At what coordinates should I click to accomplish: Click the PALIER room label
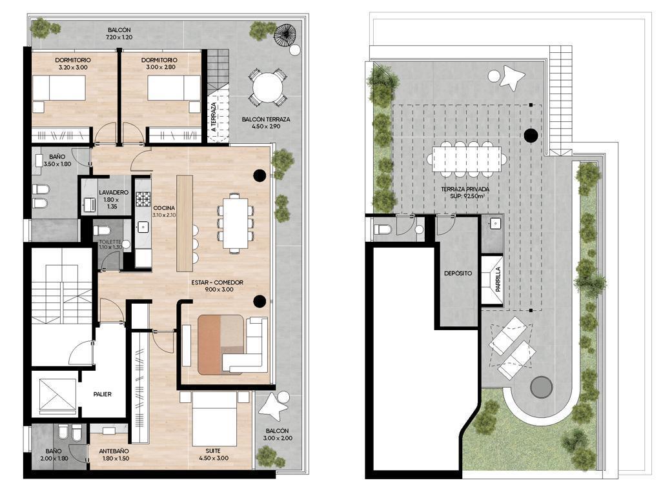(x=103, y=394)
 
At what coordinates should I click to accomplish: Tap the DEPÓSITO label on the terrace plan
(x=458, y=273)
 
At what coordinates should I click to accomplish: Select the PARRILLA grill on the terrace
(x=492, y=279)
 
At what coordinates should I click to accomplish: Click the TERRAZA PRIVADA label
(x=465, y=189)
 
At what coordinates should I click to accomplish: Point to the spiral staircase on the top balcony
(x=284, y=34)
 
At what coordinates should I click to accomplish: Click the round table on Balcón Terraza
(x=267, y=89)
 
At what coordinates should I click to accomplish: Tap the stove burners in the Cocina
(x=143, y=199)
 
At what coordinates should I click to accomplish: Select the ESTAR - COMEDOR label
(x=217, y=282)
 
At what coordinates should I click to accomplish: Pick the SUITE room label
(x=213, y=451)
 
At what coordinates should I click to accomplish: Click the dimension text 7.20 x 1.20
(x=119, y=37)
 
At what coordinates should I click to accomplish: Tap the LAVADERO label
(x=114, y=193)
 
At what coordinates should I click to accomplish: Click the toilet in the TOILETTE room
(x=102, y=231)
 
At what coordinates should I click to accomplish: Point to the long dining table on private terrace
(x=467, y=159)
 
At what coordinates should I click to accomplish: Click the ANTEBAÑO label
(x=114, y=451)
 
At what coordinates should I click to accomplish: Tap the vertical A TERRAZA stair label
(x=214, y=117)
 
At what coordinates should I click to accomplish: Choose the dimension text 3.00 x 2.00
(x=278, y=439)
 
